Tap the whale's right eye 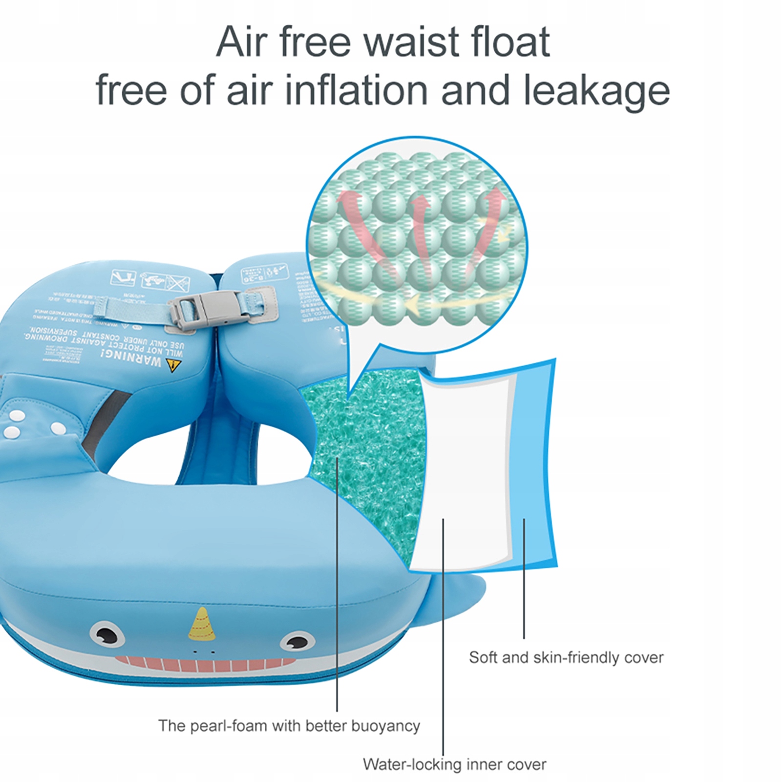click(296, 642)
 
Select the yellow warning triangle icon click(171, 365)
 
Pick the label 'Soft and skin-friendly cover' click(566, 657)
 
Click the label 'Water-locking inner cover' click(454, 764)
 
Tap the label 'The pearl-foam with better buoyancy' click(289, 726)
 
